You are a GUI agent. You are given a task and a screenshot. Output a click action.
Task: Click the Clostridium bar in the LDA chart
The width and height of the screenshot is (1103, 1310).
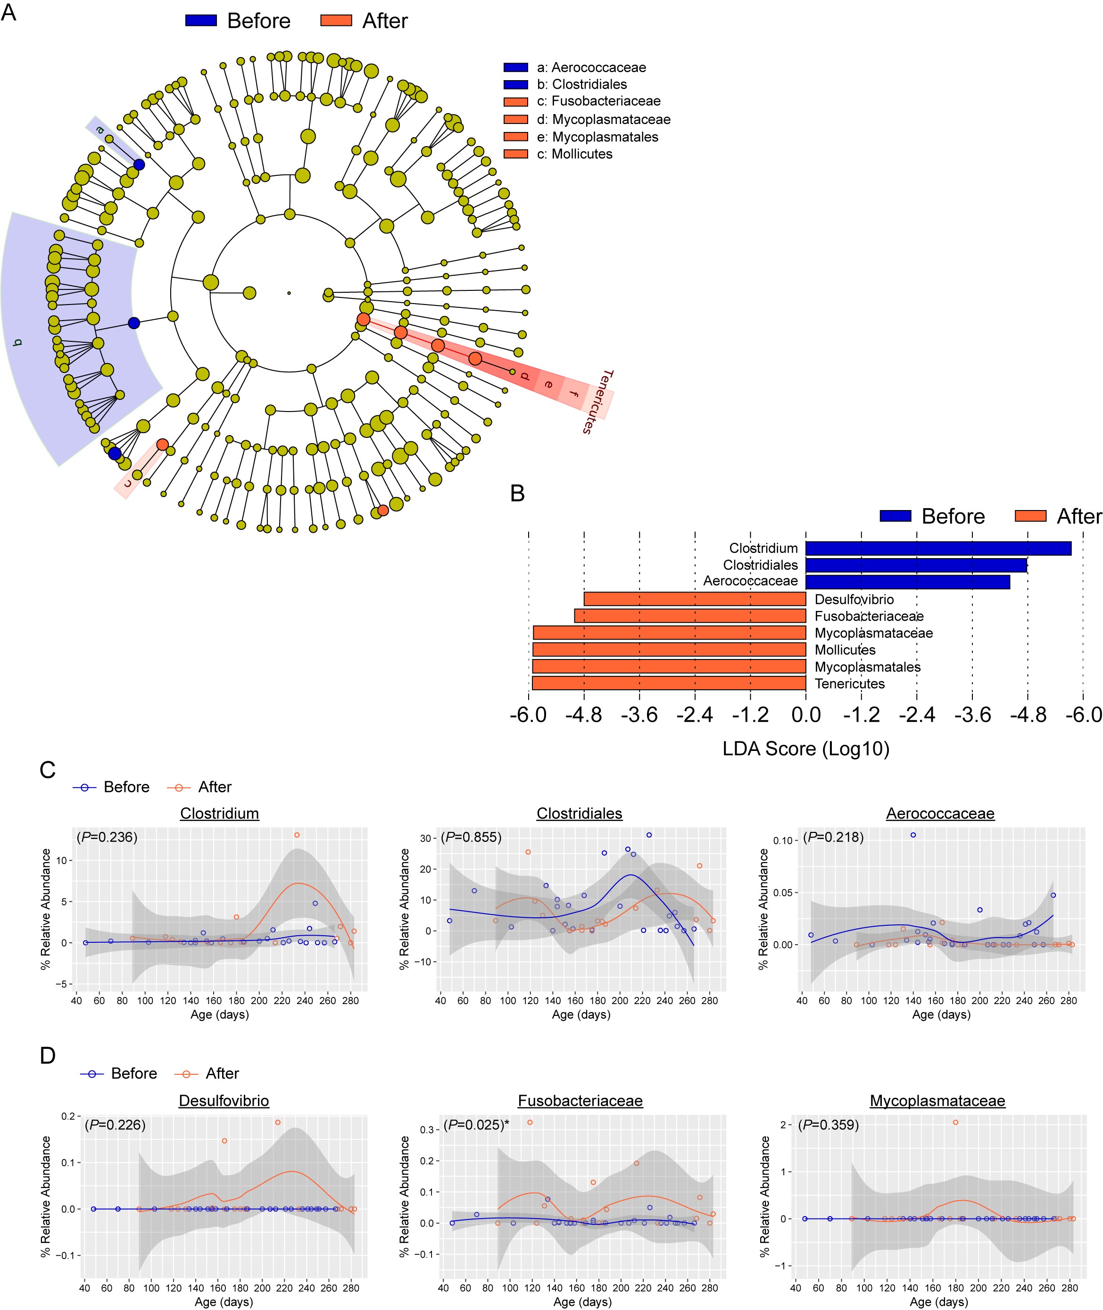tap(938, 549)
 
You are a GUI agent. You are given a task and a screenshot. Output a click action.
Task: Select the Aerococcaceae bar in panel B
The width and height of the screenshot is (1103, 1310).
tap(907, 582)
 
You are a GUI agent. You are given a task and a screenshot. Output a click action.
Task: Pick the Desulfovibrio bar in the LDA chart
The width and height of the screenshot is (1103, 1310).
tap(695, 599)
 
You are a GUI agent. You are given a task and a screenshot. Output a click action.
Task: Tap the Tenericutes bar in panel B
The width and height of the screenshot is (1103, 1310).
tap(668, 683)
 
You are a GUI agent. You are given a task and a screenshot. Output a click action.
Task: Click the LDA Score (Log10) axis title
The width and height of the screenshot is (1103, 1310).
tap(805, 749)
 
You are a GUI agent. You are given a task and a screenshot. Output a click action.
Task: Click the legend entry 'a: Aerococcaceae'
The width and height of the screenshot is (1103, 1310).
tap(591, 67)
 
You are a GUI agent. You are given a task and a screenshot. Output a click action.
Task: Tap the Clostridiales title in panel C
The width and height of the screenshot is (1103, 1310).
tap(580, 814)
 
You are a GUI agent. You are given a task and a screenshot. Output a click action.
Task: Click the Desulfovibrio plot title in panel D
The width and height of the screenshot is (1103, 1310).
tap(224, 1101)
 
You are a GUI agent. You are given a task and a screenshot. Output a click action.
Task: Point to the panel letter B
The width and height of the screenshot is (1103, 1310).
tap(517, 494)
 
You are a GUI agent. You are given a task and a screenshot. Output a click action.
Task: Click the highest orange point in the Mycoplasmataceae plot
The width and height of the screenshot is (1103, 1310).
tap(955, 1122)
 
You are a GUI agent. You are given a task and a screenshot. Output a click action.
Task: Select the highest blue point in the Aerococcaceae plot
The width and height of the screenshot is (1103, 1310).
tap(913, 835)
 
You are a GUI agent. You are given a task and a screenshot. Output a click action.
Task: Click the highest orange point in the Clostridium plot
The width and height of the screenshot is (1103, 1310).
tap(297, 835)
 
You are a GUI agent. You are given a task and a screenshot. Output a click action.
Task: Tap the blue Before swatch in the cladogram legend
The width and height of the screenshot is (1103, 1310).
tap(201, 21)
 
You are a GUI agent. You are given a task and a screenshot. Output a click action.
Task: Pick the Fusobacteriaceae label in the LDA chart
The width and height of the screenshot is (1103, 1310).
tap(869, 616)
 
